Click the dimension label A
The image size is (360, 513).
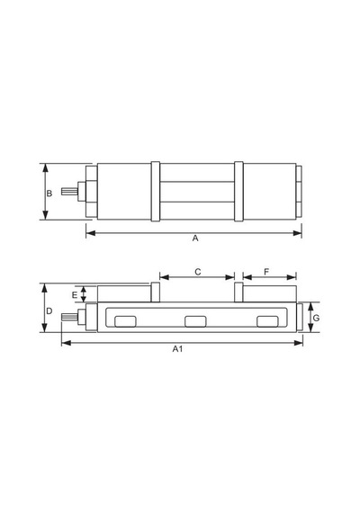point(195,238)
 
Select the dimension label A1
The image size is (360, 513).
point(177,349)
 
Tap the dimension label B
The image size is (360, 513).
point(49,193)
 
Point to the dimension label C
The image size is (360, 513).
point(198,272)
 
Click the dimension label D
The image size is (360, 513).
point(49,310)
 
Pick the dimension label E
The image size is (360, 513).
point(75,295)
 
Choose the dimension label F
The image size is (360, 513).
point(266,272)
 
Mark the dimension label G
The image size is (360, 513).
point(316,318)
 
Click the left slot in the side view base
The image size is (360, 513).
point(125,321)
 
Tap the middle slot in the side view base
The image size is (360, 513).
point(195,321)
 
